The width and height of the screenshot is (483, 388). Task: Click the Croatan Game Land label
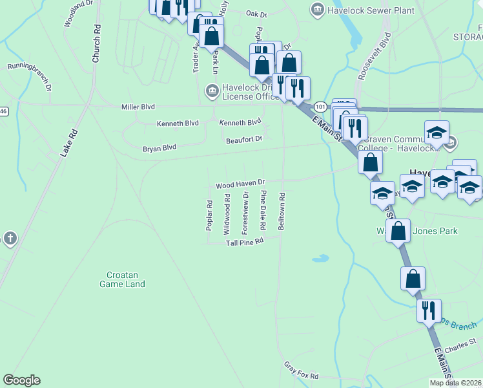point(122,279)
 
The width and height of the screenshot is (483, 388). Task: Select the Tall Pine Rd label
point(245,242)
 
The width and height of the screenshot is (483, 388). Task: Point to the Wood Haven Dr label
point(241,184)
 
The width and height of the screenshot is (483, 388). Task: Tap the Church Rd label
point(96,44)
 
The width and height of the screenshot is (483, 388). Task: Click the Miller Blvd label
point(139,107)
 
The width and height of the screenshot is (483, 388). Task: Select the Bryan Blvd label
point(159,148)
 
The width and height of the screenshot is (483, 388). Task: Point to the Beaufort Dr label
point(244,139)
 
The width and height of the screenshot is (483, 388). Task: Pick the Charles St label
point(460,345)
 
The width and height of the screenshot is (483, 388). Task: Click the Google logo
point(22,380)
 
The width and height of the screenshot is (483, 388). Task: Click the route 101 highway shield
point(321,105)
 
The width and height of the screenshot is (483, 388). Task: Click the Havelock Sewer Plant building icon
point(317,8)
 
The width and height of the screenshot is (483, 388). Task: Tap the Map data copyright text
point(455,383)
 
